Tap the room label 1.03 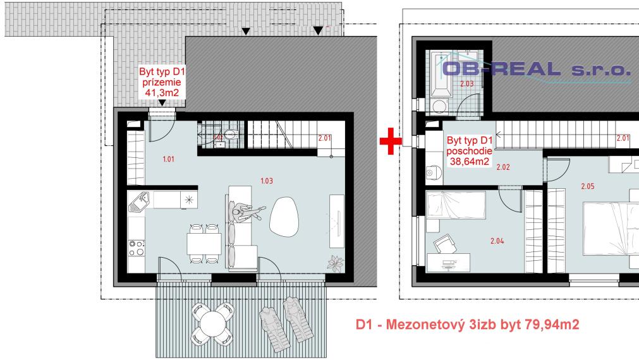(266, 181)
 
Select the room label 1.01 (168, 159)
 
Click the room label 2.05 (588, 186)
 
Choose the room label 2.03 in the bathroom (466, 83)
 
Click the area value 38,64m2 (468, 162)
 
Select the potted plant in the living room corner (332, 261)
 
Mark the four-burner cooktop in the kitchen (135, 247)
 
